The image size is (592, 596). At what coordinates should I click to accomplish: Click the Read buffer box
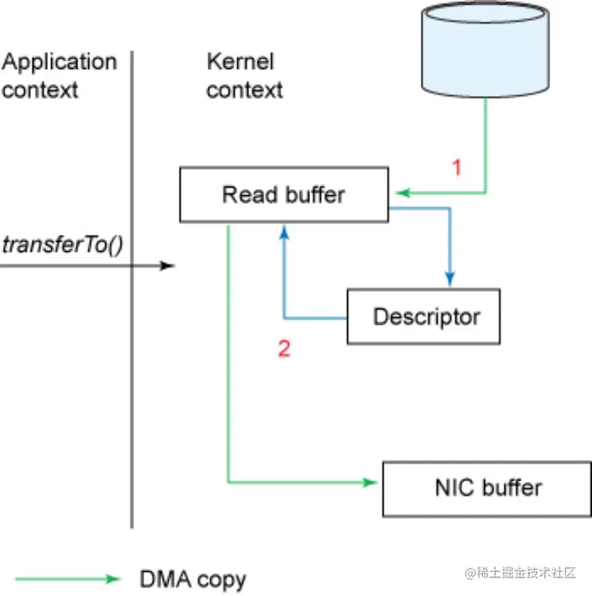pos(284,195)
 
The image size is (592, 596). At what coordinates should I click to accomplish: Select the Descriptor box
pos(423,317)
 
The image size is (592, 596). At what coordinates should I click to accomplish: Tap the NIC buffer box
pos(487,489)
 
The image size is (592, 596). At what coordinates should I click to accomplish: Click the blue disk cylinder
pos(485,50)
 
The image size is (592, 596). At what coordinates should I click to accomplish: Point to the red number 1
pos(457,167)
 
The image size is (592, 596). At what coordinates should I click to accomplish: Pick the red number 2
pos(284,348)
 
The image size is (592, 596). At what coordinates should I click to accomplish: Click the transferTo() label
pos(63,245)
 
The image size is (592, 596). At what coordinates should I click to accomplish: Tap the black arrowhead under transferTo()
pos(167,265)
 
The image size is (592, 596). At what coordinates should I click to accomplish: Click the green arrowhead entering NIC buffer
pos(370,482)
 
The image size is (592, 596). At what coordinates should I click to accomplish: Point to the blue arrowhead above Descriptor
pos(450,278)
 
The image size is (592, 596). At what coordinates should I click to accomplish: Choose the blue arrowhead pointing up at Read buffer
pos(284,232)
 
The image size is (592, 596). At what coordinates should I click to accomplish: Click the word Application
pos(59,63)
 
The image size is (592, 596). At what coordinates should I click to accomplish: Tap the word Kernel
pos(240,61)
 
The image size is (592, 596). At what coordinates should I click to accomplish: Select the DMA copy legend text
pos(193,580)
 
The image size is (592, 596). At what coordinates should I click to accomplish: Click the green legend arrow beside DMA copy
pos(67,579)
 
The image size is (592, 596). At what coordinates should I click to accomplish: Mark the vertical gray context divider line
pos(132,289)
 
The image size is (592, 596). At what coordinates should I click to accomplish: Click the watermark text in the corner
pos(521,573)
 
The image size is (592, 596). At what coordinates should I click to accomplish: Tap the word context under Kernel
pos(245,91)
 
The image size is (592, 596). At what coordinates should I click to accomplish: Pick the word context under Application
pos(40,91)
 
